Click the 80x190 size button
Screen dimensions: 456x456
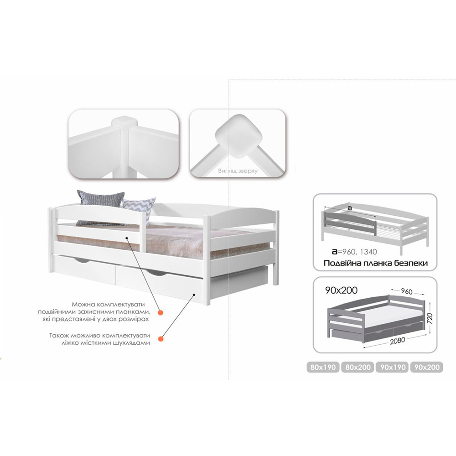click(x=323, y=367)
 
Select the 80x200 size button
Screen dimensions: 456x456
click(x=358, y=367)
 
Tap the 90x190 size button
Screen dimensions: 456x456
click(x=392, y=367)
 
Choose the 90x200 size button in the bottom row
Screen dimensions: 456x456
click(x=427, y=367)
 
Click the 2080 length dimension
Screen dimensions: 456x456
click(x=397, y=341)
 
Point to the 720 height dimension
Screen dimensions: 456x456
click(x=430, y=319)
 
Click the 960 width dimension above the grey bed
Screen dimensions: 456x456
click(x=406, y=291)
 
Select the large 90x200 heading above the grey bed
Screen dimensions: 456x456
click(x=342, y=290)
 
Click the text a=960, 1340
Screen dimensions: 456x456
click(x=354, y=252)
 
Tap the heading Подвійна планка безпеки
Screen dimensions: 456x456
click(x=375, y=263)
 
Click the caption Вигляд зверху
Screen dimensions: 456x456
click(x=238, y=171)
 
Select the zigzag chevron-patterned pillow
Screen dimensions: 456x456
click(x=139, y=206)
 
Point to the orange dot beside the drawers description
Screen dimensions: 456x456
click(x=160, y=339)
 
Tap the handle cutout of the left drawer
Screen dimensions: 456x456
click(x=84, y=260)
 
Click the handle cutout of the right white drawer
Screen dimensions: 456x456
click(x=157, y=273)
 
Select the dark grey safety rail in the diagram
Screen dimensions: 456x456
click(x=350, y=222)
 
